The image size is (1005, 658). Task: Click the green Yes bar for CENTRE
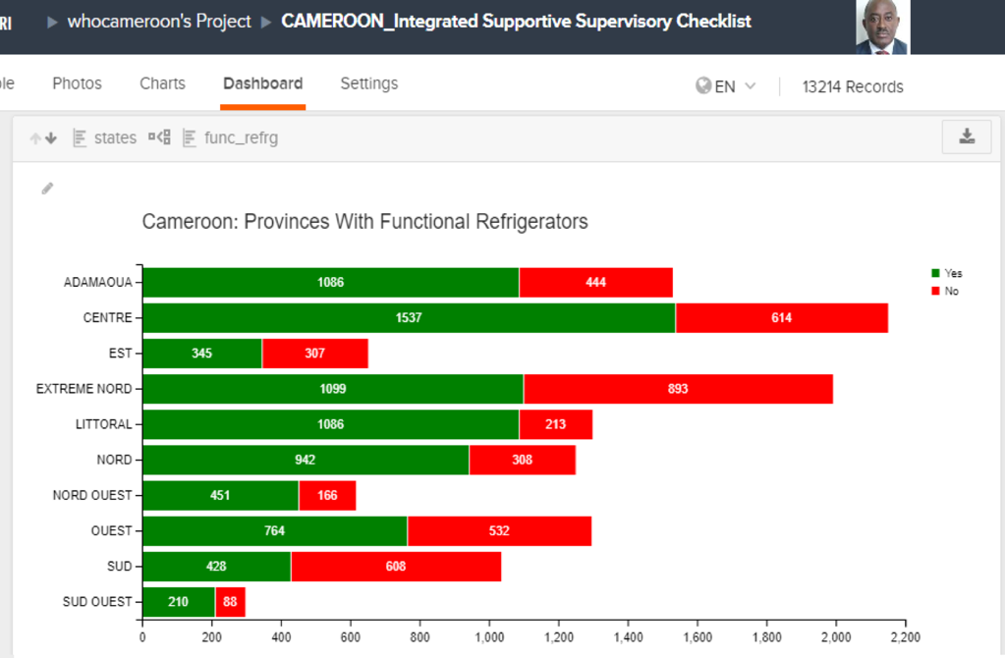coord(409,318)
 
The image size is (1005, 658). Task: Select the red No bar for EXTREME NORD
coord(678,389)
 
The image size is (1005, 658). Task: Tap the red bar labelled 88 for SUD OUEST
coord(230,602)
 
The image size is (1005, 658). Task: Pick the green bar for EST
coord(202,353)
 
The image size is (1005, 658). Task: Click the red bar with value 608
coord(396,567)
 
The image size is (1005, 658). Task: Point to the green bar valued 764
coord(275,530)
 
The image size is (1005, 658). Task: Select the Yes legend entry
coord(947,273)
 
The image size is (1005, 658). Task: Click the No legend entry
coord(945,291)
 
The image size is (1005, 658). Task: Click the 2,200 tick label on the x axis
coord(905,636)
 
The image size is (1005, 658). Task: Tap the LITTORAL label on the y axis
coord(104,424)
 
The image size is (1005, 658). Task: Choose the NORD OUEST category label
coord(92,495)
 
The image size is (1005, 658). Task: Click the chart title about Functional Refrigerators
coord(364,222)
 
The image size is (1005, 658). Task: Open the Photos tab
coord(77,83)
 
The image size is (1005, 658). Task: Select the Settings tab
coord(369,83)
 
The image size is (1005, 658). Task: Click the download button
coord(967,137)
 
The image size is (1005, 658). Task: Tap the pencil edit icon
coord(47,189)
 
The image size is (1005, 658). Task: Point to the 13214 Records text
coord(853,86)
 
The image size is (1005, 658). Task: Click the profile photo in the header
coord(882,27)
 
